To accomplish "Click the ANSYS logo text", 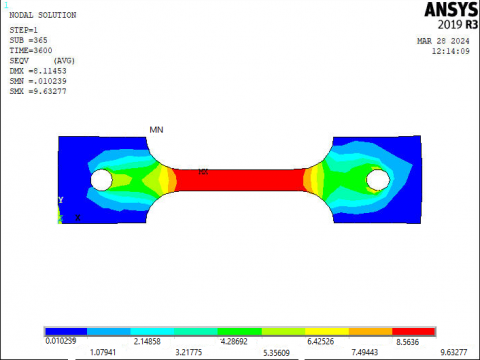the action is [x=451, y=9].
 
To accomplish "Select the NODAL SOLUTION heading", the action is [x=43, y=15].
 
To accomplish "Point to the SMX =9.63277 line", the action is [x=38, y=91].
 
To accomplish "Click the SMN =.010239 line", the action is [x=38, y=81].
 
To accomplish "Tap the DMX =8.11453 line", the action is [x=38, y=71].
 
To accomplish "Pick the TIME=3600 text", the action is [x=31, y=50].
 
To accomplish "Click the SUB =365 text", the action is [x=28, y=40].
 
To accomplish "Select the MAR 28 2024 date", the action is [x=443, y=41].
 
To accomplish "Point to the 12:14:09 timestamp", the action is [x=451, y=51].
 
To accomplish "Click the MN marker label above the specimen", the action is [x=156, y=130].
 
